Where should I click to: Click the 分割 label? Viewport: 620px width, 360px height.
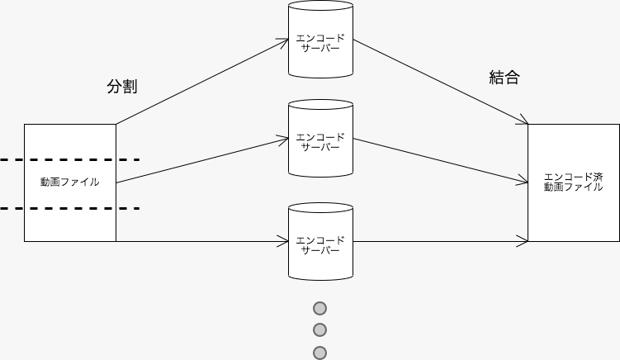[121, 87]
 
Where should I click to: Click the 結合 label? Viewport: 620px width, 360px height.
[504, 78]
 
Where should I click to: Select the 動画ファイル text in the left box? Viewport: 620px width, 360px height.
[70, 182]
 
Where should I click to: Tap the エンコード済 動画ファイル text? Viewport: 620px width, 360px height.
[573, 182]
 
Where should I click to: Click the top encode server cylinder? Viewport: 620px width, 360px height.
[320, 41]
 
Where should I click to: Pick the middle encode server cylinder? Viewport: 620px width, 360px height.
[320, 140]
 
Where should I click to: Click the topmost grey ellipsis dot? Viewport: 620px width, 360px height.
[320, 309]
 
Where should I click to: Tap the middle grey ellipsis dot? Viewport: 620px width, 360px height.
[320, 330]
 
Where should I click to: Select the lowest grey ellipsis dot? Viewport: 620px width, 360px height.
[320, 353]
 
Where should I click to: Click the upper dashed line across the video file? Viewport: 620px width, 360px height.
[69, 159]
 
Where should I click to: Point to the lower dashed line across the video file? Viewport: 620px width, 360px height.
[69, 208]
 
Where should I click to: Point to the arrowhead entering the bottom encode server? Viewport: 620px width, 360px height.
[282, 241]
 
